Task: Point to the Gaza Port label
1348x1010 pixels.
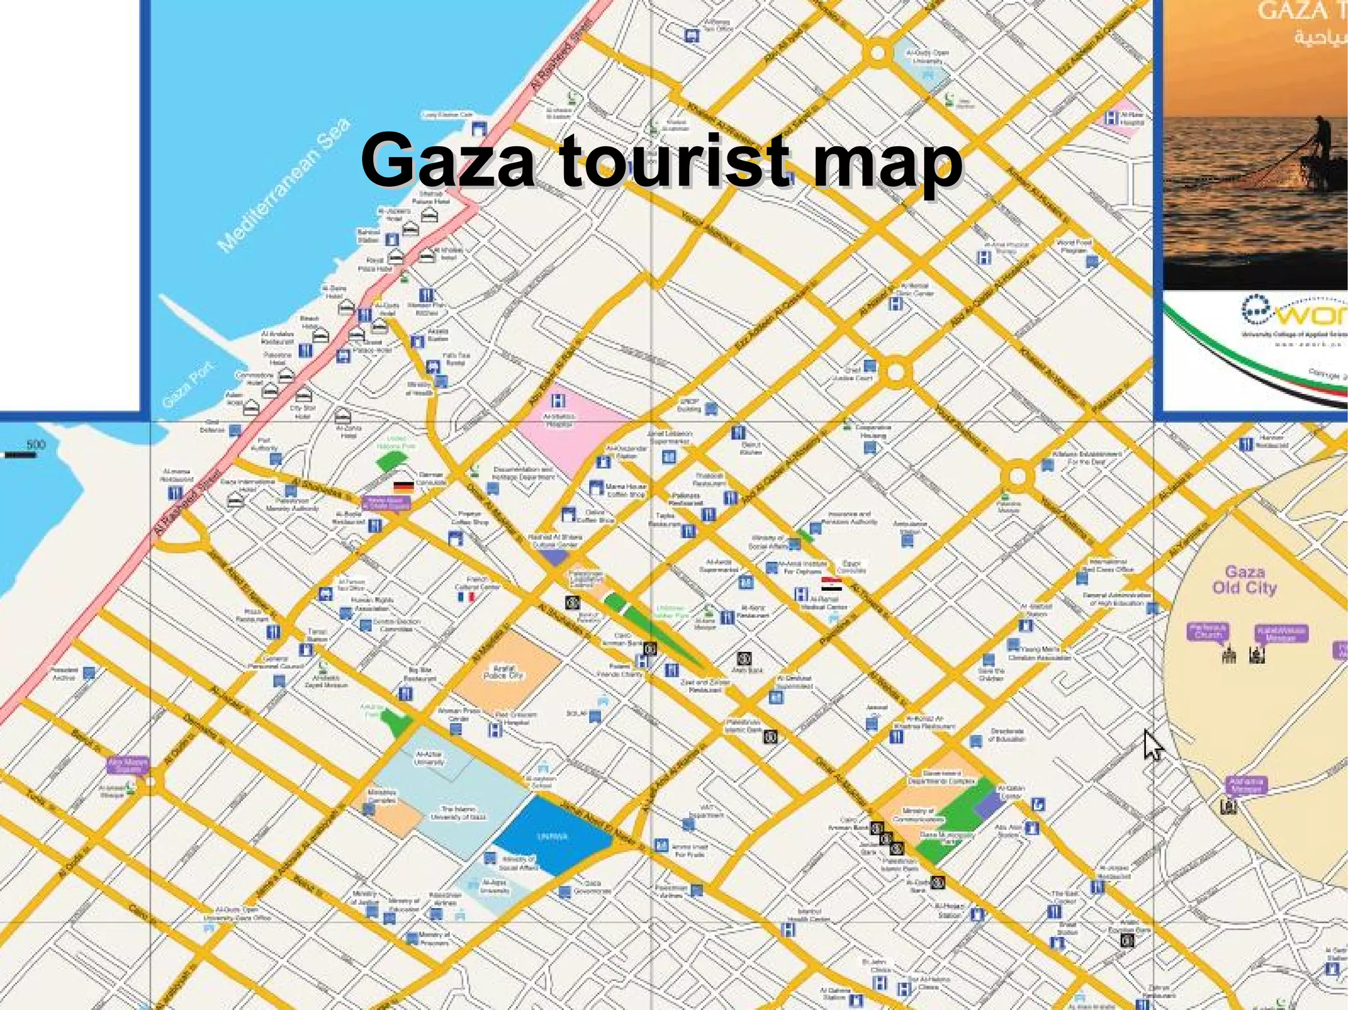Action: click(x=188, y=384)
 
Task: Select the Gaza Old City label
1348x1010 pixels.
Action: click(x=1244, y=580)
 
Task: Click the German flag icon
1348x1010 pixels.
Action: click(x=403, y=487)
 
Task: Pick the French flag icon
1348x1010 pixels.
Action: click(x=466, y=597)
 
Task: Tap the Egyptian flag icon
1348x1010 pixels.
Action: click(x=831, y=584)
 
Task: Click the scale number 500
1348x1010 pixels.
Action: click(x=36, y=444)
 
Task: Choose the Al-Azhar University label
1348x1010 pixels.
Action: click(x=429, y=758)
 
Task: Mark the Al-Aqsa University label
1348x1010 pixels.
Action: click(x=494, y=886)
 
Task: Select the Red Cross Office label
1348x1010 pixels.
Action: click(x=1108, y=565)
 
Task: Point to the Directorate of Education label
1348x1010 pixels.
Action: click(x=1006, y=735)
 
